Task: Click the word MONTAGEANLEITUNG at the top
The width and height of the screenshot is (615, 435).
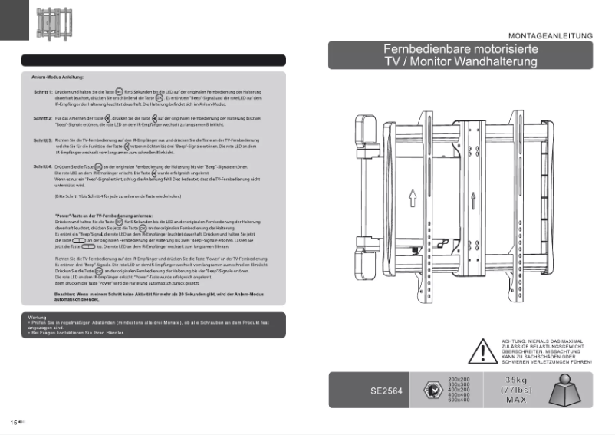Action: (551, 35)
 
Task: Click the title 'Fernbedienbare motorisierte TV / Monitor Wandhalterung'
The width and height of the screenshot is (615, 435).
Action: (460, 56)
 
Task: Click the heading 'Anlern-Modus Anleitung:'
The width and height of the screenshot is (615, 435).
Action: (58, 77)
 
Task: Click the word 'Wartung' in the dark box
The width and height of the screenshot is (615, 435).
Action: (37, 317)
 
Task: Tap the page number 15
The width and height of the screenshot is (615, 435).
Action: (14, 423)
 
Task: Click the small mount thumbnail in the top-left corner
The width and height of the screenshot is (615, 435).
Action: (48, 23)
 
